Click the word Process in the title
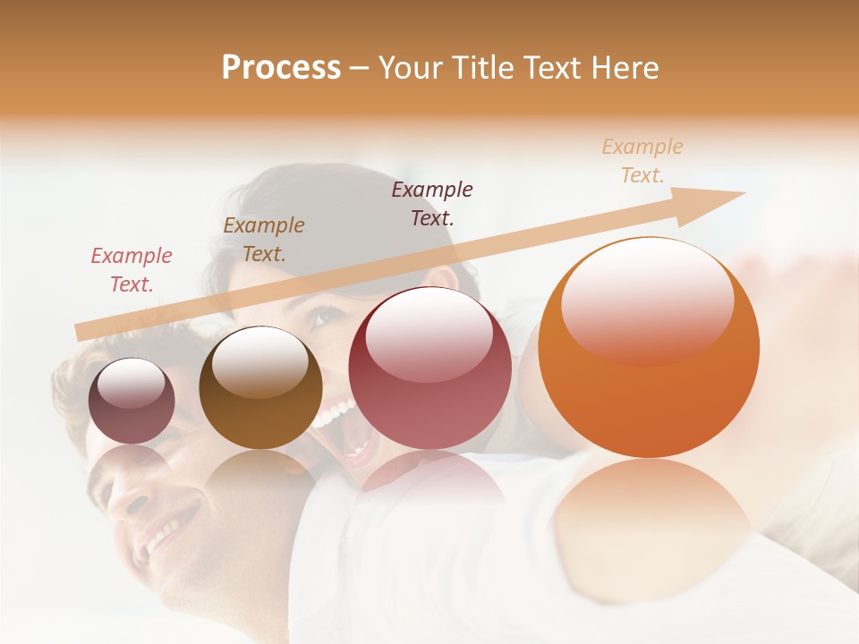click(281, 68)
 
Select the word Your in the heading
click(413, 68)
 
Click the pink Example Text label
click(132, 269)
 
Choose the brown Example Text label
click(264, 239)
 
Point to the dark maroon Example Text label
click(432, 203)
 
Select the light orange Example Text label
click(642, 160)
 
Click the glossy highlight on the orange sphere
click(647, 300)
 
